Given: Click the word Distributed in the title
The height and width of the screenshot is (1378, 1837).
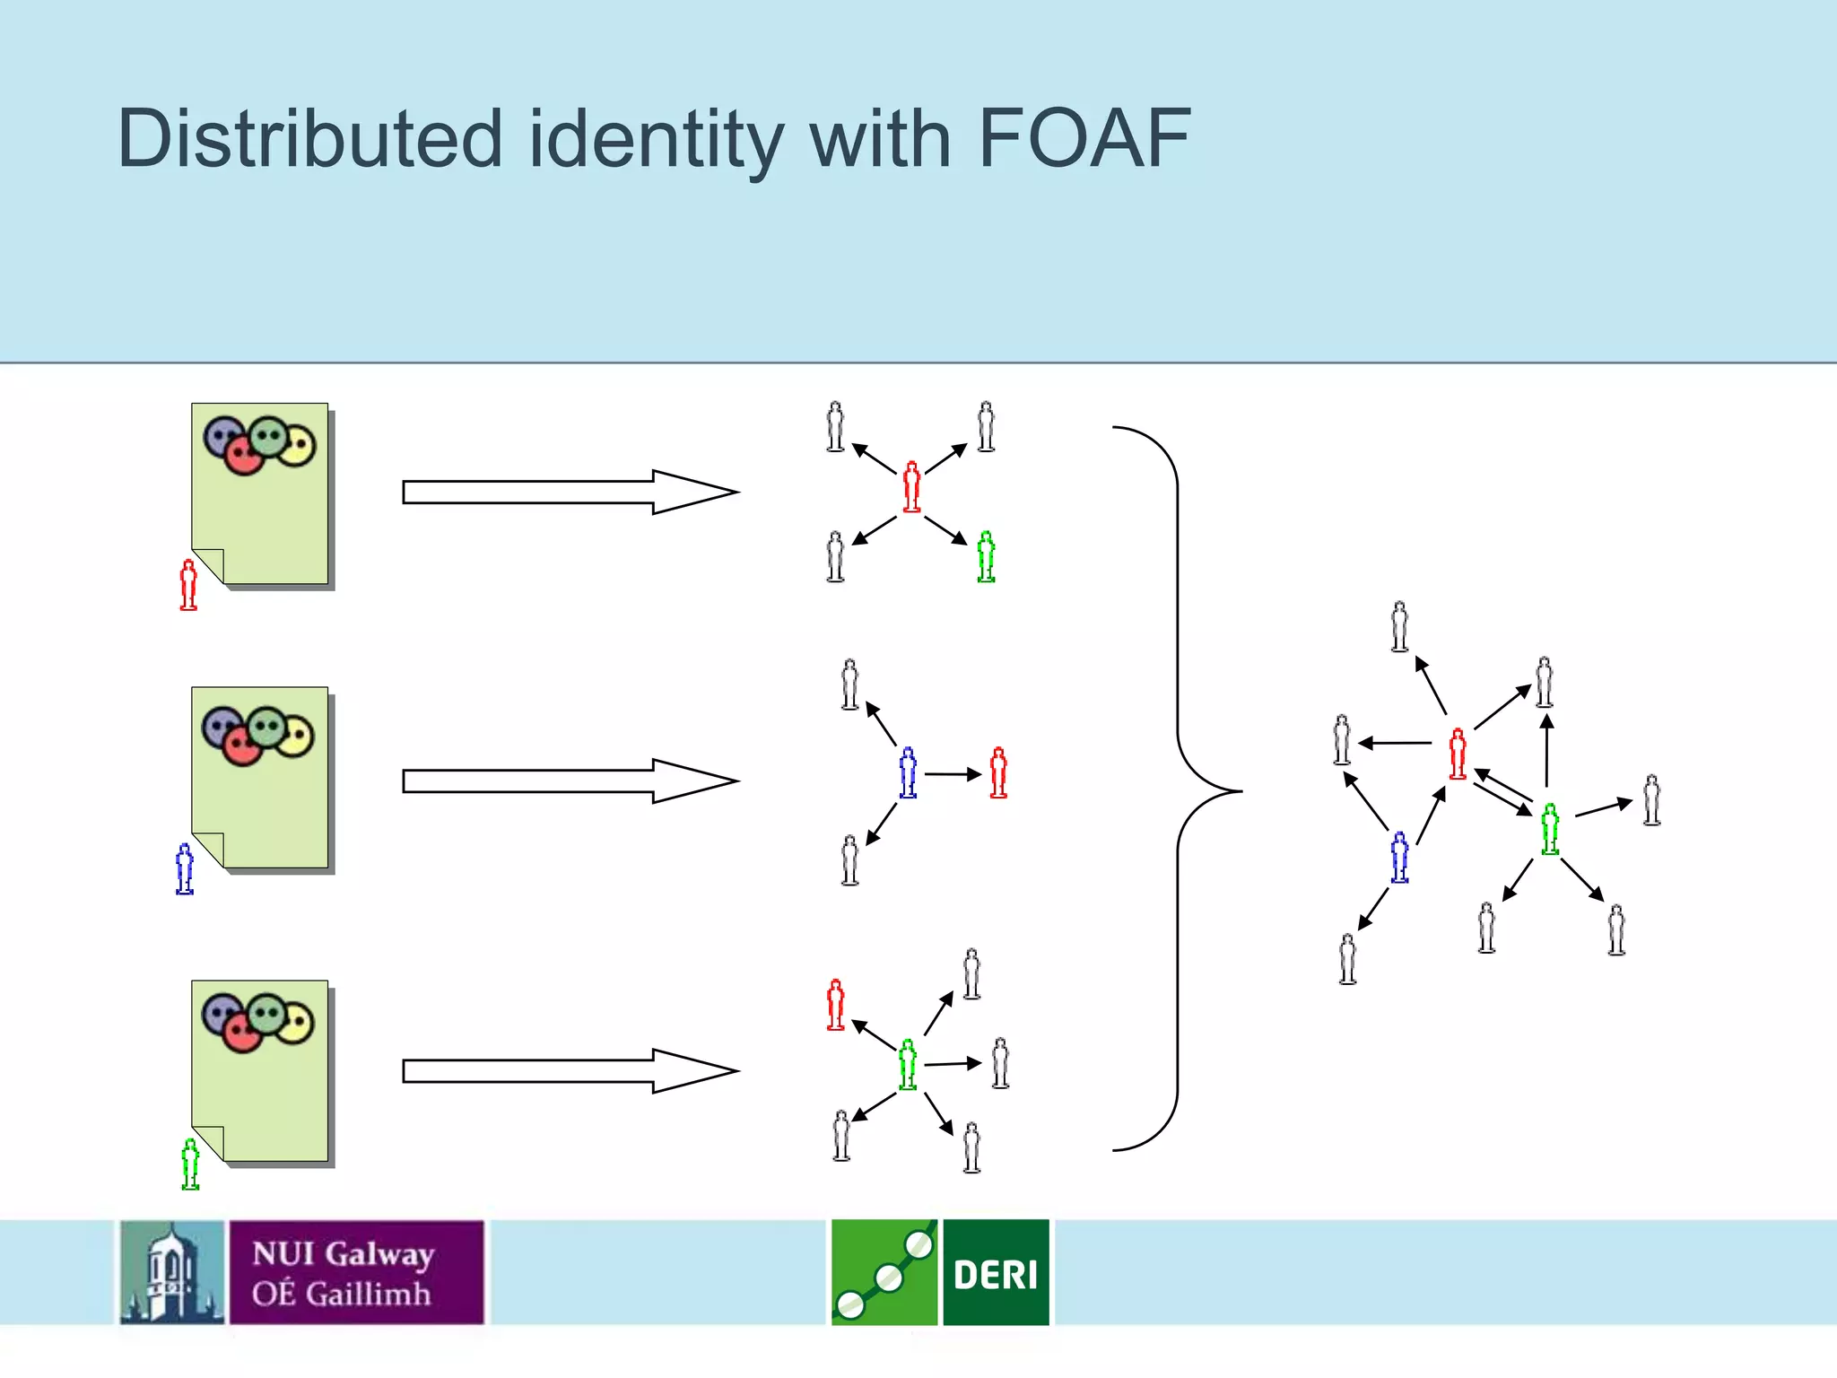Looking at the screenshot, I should coord(309,139).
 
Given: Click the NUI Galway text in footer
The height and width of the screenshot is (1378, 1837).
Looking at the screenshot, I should coord(344,1254).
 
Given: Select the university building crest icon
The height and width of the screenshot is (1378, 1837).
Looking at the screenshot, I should coord(172,1272).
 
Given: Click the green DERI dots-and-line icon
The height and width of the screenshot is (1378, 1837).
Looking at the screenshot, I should coord(884,1272).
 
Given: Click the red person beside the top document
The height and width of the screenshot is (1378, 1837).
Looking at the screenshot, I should coord(188,585).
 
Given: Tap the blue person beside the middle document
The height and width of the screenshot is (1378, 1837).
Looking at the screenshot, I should coord(185,868).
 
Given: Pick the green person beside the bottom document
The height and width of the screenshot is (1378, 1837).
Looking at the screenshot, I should coord(190,1164).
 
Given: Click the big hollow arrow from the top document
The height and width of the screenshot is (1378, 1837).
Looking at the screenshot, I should coord(570,492).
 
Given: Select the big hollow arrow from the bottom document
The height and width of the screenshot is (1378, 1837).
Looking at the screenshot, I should coord(570,1070).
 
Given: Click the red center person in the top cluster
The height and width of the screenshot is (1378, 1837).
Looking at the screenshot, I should coord(911,486).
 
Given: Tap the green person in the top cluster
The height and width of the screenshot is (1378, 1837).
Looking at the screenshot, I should coord(986,556).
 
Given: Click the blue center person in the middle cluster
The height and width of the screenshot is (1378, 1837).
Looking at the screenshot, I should coord(908,772).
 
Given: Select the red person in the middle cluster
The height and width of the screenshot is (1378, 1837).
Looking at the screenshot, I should coord(998,772).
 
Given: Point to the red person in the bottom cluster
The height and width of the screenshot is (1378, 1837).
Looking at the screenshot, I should coord(835,1004).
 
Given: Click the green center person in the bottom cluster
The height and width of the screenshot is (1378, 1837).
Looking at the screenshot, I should coord(908,1065).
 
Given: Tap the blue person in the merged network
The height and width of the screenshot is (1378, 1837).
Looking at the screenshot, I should coord(1399,857).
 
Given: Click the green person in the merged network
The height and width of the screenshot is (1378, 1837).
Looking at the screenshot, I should coord(1550,829).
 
